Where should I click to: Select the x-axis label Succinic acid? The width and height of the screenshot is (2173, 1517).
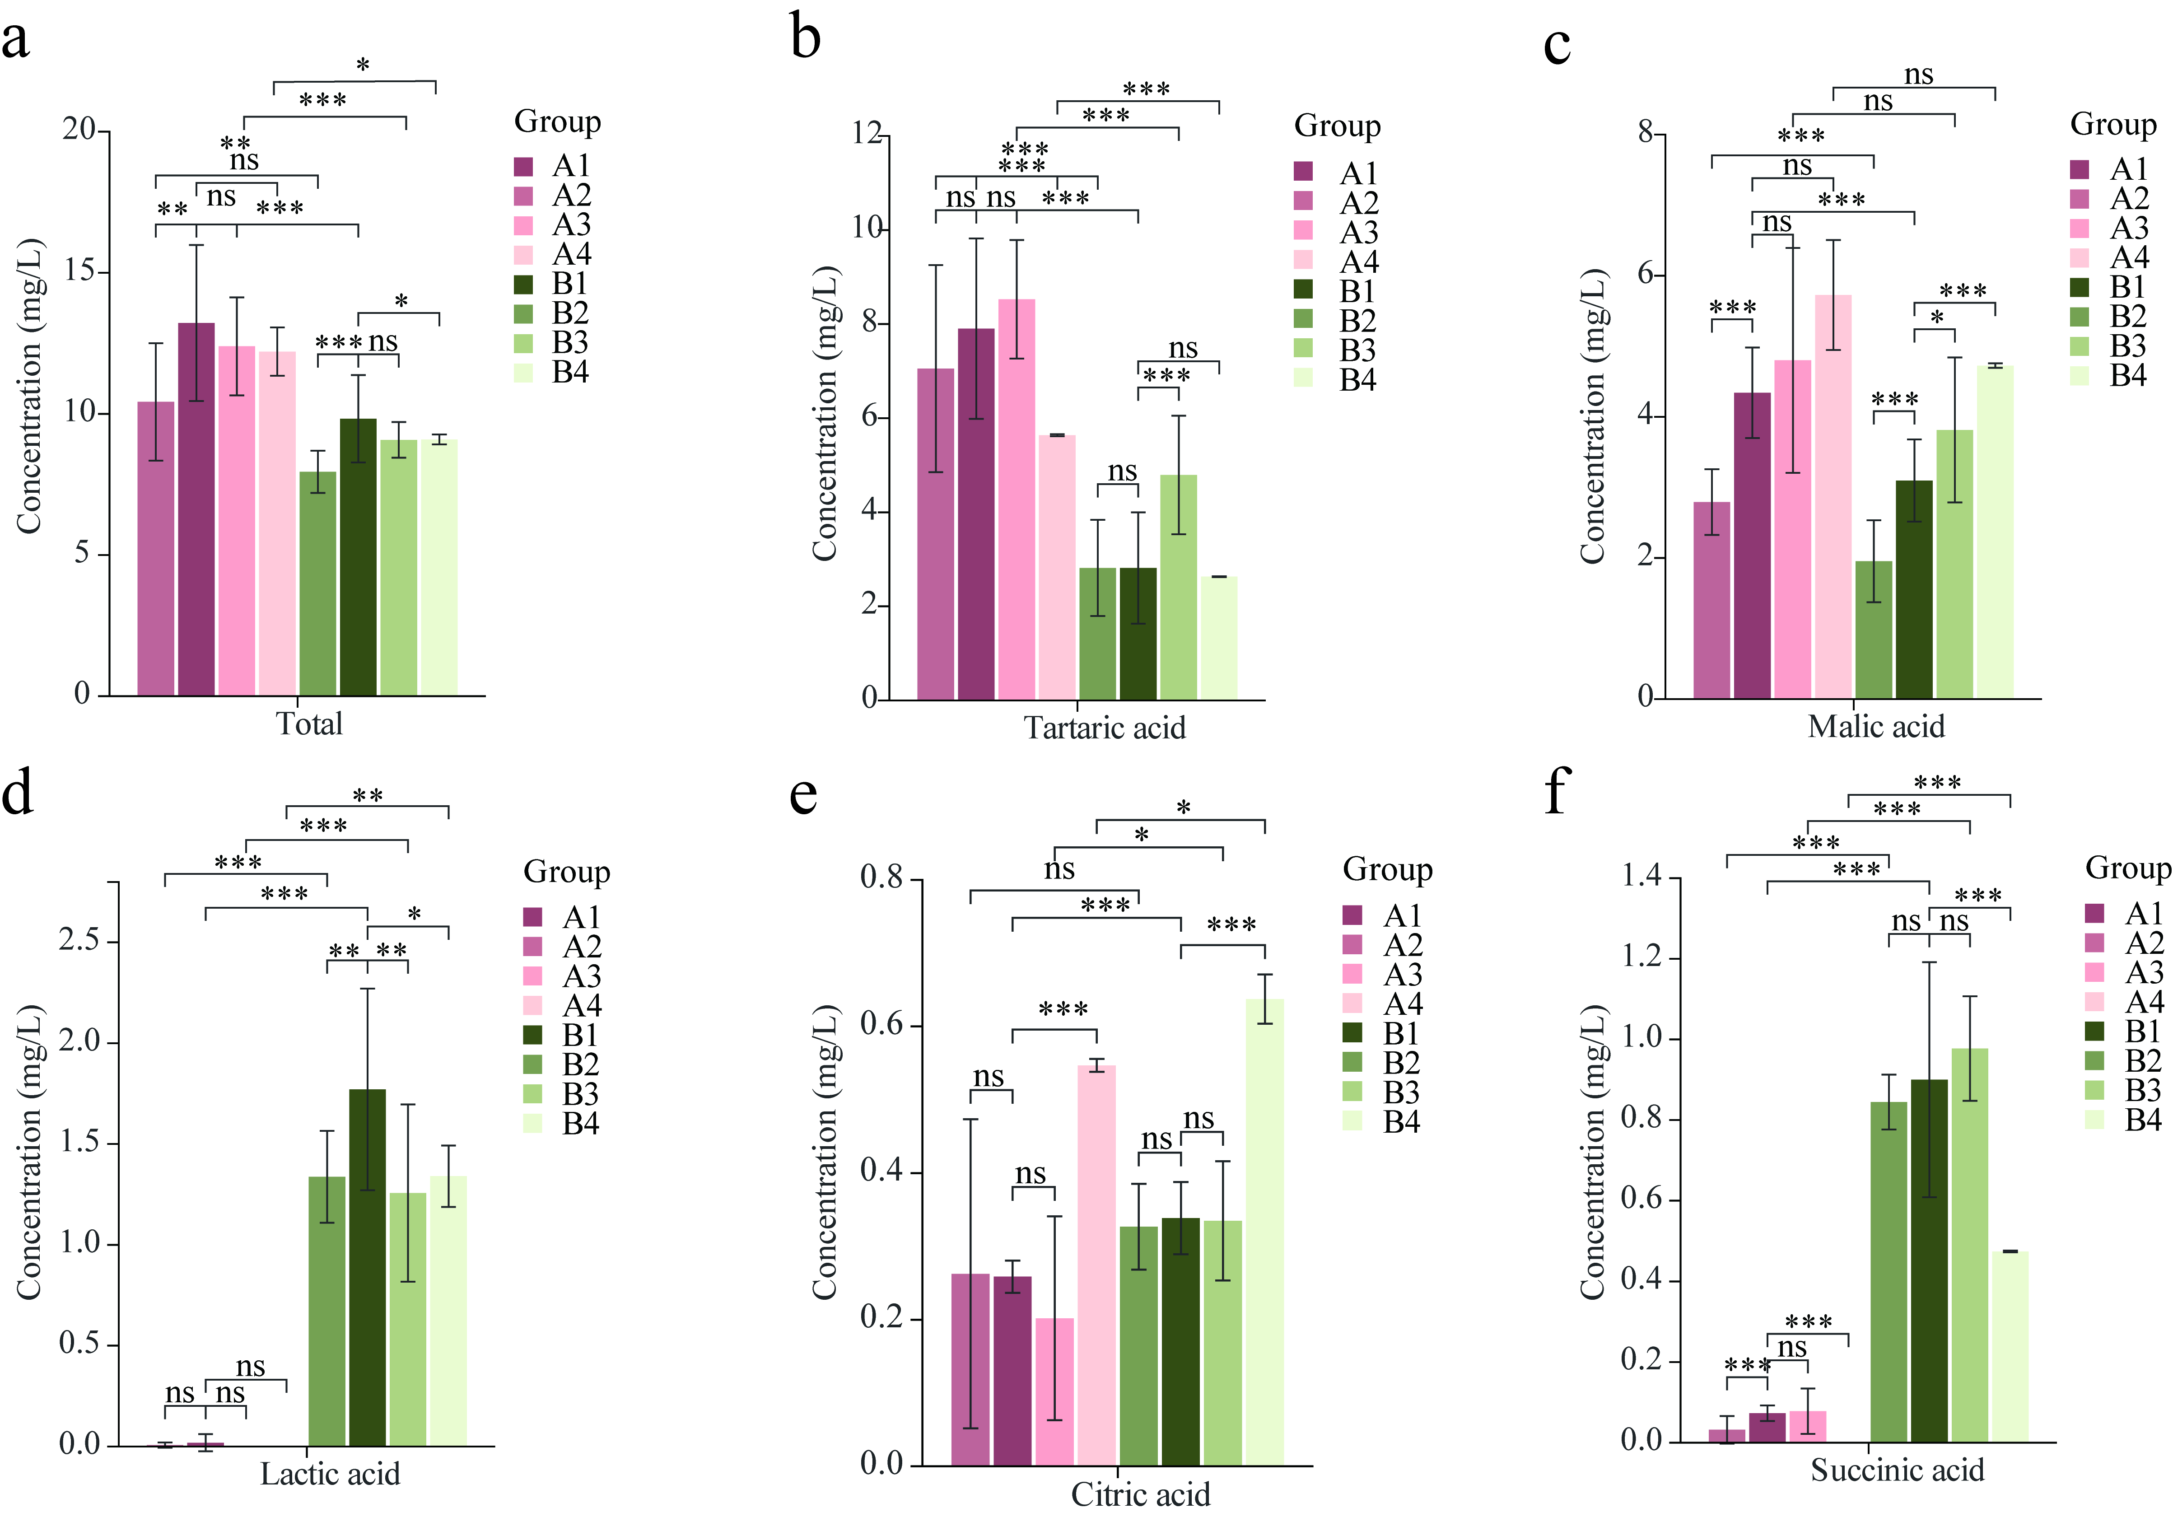pos(1898,1470)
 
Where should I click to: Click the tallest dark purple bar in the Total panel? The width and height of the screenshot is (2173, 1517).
pos(196,509)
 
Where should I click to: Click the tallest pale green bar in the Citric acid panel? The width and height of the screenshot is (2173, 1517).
pos(1264,1232)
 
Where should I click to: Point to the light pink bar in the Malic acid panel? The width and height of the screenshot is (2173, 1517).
pos(1833,497)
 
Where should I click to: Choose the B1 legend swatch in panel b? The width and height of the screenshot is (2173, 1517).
pos(1303,289)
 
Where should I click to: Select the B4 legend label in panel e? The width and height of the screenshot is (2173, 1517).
pos(1402,1122)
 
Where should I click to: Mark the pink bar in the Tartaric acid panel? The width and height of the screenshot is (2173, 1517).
pos(1017,499)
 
